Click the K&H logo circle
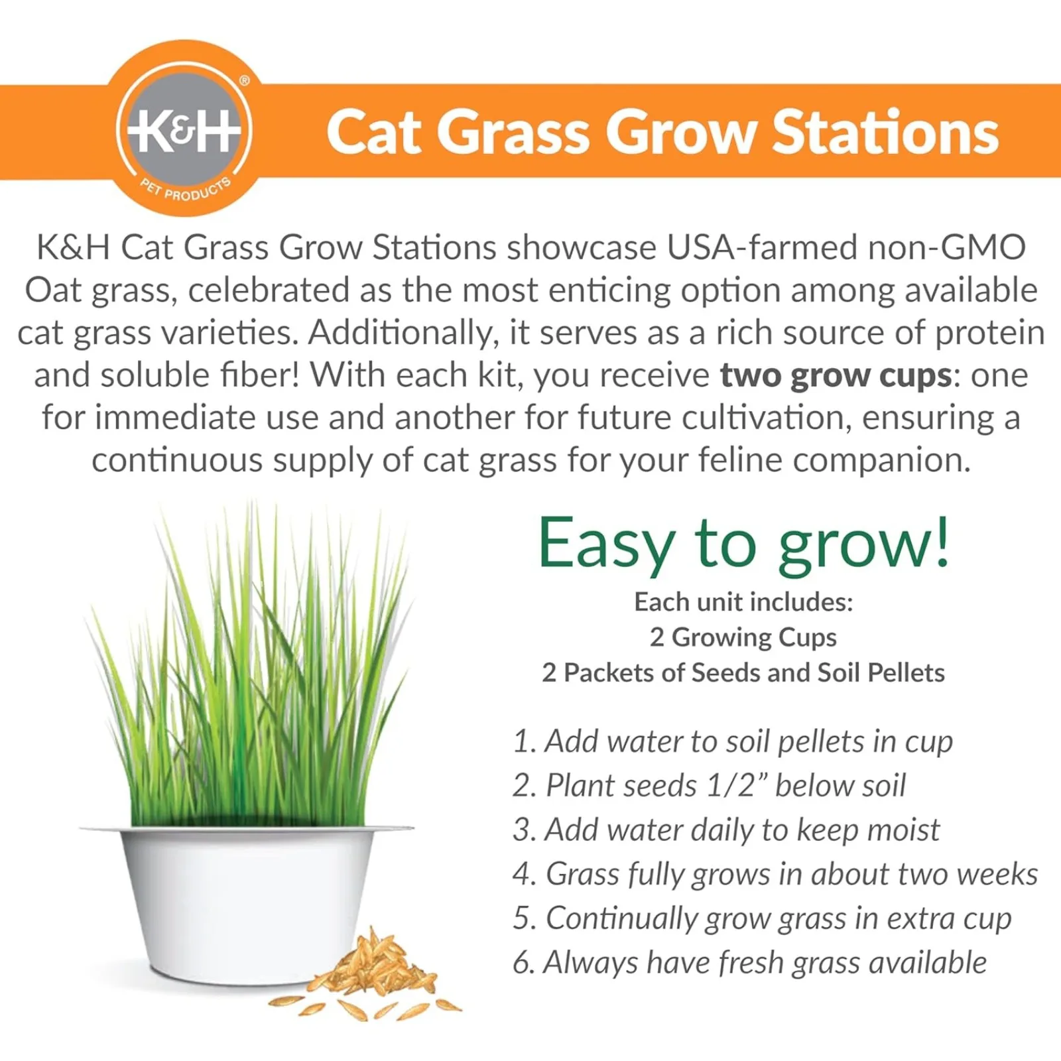pos(184,128)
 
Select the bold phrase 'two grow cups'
pos(836,376)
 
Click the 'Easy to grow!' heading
pos(744,543)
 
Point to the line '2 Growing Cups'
pos(743,637)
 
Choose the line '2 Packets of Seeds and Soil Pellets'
pos(743,672)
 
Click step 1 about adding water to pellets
pos(733,742)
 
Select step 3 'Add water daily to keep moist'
pos(726,830)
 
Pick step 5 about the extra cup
pos(762,919)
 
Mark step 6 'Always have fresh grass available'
pos(749,963)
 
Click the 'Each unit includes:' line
pos(743,602)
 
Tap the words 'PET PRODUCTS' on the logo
pos(186,190)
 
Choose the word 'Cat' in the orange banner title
pos(374,132)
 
